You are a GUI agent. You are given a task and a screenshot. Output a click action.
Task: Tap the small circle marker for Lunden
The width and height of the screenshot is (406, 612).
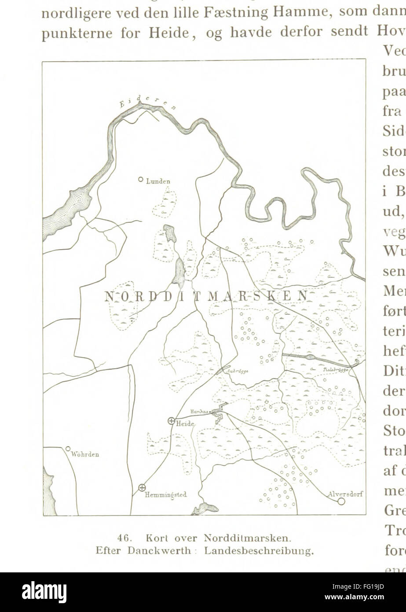point(140,179)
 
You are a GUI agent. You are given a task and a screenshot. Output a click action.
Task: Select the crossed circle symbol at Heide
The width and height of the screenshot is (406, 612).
point(171,420)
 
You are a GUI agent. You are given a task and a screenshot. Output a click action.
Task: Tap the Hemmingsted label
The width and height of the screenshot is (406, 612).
point(166,495)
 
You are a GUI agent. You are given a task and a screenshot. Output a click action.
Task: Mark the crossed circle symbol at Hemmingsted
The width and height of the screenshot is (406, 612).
point(142,487)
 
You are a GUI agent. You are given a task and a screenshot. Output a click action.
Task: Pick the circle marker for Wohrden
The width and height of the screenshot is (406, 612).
point(68,449)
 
